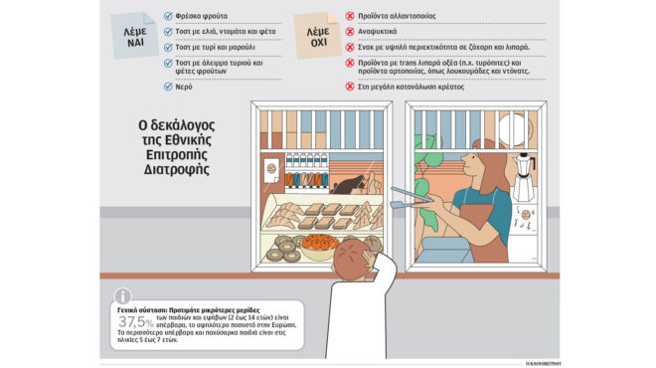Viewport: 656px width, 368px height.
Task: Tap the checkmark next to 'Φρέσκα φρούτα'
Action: [166, 17]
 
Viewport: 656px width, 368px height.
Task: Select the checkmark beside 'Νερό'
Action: [166, 87]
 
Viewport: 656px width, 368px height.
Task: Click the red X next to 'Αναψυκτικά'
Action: [350, 31]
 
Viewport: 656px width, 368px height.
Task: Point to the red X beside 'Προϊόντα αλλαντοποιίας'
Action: [350, 17]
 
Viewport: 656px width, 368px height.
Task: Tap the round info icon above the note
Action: [122, 295]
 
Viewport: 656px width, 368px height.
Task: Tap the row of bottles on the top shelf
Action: [299, 163]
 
